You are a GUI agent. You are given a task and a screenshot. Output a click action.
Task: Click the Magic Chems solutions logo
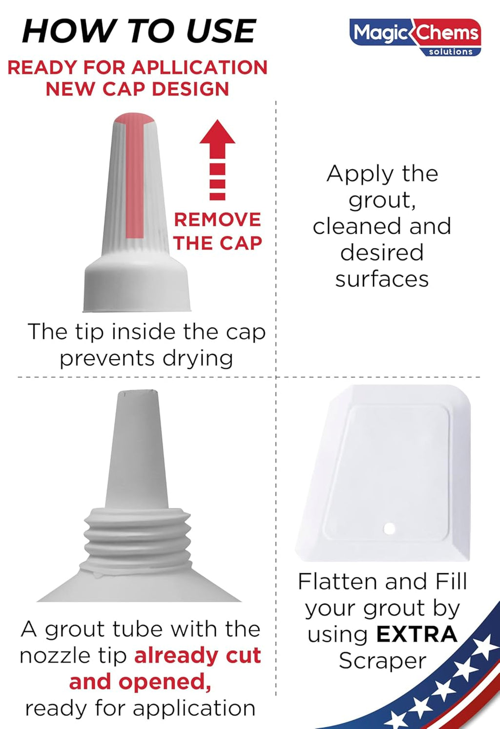pos(415,36)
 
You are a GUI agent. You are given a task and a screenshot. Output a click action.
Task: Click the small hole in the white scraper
pos(390,528)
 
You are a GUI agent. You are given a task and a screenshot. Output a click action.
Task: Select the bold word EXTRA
pos(417,634)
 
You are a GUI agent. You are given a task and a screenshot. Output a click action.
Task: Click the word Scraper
pos(382,661)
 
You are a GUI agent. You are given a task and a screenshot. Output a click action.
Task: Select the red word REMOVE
pos(217,220)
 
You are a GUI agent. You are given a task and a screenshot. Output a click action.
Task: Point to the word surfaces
pos(382,279)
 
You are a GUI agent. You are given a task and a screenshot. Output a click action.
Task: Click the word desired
pos(382,253)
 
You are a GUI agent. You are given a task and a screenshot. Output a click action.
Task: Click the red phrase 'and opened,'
pos(140,682)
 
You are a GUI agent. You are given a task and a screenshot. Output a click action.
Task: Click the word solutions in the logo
pos(450,52)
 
